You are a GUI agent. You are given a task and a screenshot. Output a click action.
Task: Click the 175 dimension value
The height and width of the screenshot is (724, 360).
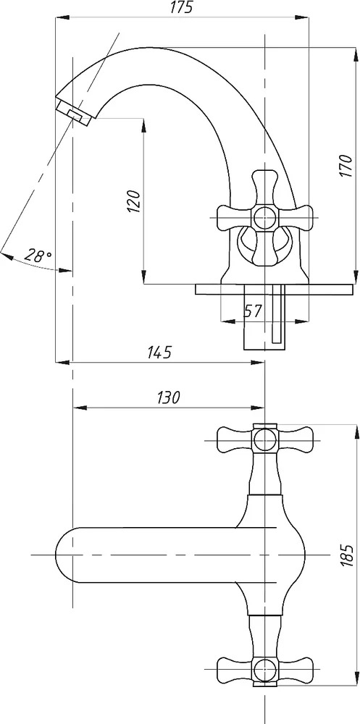pyautogui.click(x=182, y=8)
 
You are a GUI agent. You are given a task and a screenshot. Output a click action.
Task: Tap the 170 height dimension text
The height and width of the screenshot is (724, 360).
pyautogui.click(x=346, y=166)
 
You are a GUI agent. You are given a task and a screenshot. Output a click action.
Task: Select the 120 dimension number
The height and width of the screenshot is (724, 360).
pyautogui.click(x=133, y=200)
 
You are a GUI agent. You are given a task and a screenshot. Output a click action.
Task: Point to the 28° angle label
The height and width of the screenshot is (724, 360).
pyautogui.click(x=38, y=256)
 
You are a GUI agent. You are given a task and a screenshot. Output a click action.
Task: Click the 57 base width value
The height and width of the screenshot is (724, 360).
pyautogui.click(x=253, y=311)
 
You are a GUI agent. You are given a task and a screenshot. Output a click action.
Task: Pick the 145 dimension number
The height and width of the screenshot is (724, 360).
pyautogui.click(x=159, y=353)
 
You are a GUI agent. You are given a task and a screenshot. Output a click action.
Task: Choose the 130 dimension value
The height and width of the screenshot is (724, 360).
pyautogui.click(x=168, y=397)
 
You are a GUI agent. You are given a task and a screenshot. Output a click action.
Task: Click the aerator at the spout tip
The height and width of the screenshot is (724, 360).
pyautogui.click(x=74, y=114)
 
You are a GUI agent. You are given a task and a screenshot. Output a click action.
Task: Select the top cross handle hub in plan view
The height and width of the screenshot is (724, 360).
pyautogui.click(x=264, y=438)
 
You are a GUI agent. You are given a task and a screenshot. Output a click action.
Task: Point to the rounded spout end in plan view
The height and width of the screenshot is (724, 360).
pyautogui.click(x=64, y=554)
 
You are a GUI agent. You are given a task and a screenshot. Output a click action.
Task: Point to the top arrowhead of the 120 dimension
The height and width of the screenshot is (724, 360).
pyautogui.click(x=143, y=125)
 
